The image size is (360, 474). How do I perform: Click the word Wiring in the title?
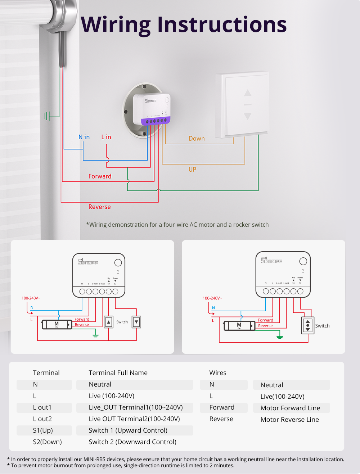(116, 25)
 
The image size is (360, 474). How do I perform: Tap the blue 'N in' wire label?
(84, 137)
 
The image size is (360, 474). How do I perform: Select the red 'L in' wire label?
(106, 137)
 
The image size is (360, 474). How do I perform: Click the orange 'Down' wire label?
(197, 139)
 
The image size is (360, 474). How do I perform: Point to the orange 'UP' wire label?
(193, 170)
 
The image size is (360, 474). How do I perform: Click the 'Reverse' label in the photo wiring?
(100, 207)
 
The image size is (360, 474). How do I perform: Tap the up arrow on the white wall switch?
(248, 93)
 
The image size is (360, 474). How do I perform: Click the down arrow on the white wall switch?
(248, 116)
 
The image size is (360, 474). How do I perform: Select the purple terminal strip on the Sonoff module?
(156, 121)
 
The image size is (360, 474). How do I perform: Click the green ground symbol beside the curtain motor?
(47, 116)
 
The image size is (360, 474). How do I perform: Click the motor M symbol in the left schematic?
(57, 324)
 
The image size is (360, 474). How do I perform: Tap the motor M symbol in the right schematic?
(239, 325)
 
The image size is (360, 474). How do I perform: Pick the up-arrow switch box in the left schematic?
(109, 322)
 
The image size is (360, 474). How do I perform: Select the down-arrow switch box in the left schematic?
(136, 322)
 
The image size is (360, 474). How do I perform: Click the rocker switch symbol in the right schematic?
(308, 325)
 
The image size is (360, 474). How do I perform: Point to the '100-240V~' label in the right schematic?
(212, 298)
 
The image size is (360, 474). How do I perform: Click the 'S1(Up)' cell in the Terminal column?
(43, 430)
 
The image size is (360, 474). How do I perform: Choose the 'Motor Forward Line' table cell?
(290, 408)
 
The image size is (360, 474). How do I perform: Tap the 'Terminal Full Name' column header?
(118, 373)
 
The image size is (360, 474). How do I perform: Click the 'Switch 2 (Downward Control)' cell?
(132, 442)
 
